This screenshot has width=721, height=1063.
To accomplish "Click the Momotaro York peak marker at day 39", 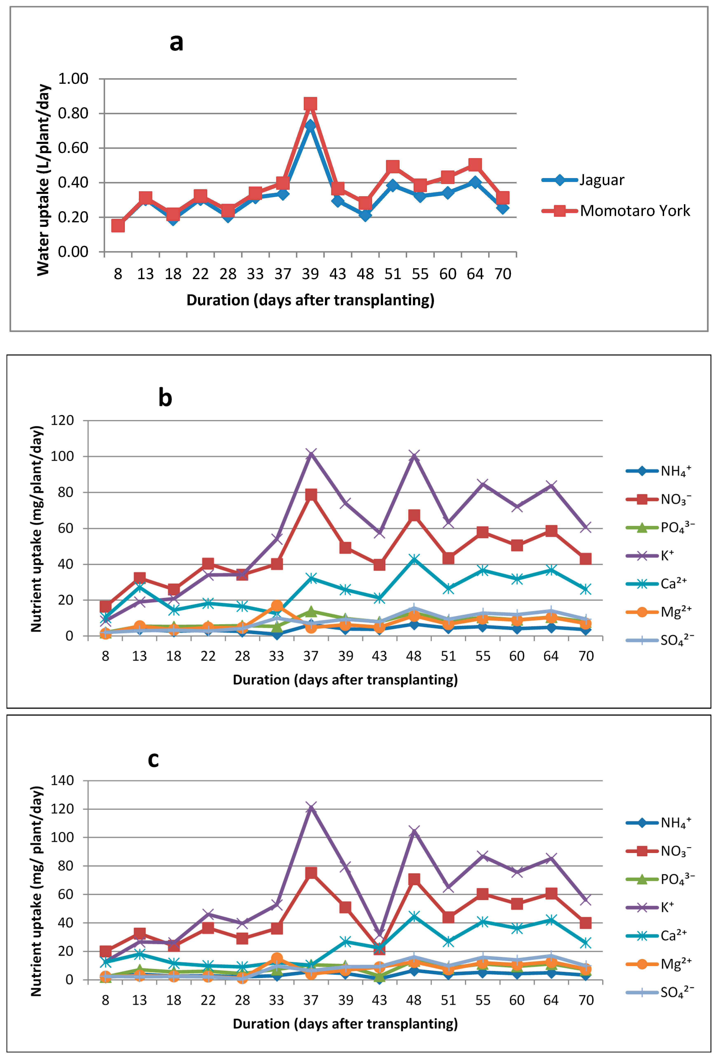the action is click(310, 104).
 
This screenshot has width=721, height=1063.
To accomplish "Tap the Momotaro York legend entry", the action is click(616, 211).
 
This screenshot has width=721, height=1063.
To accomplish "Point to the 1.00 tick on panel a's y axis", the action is click(73, 79).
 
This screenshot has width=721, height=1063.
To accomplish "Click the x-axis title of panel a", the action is click(310, 300).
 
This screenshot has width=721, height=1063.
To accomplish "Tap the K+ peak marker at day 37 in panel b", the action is click(311, 454).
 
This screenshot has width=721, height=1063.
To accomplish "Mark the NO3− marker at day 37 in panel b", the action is click(311, 495).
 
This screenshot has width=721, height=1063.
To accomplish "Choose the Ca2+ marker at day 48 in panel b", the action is click(414, 559).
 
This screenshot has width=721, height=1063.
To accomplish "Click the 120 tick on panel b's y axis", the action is click(62, 420).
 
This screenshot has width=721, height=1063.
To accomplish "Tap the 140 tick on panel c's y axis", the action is click(62, 781).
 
